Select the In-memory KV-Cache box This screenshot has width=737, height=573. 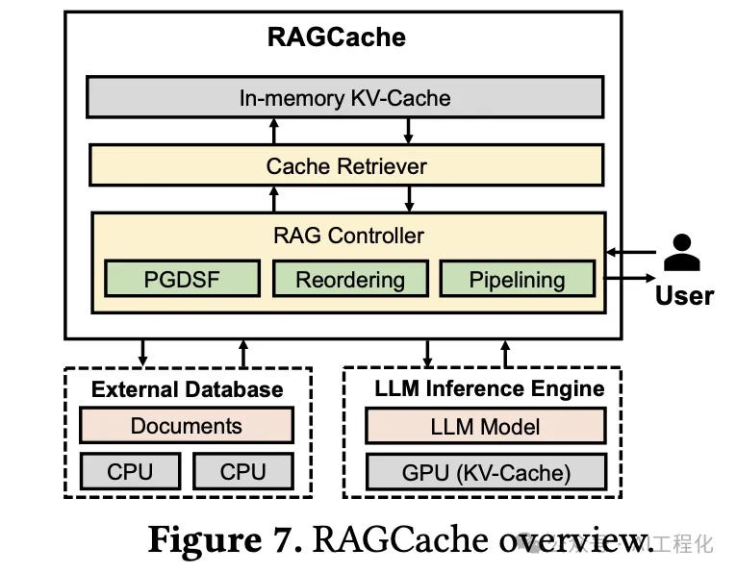pos(344,97)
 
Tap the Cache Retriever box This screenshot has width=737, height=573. pos(345,165)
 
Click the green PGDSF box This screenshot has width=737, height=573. pos(182,279)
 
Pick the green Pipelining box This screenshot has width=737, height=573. pos(517,279)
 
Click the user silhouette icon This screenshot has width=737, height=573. pos(682,252)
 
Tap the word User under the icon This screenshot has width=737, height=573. pos(684,295)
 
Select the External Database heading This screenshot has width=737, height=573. pos(188,389)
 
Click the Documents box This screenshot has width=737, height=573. pos(187,425)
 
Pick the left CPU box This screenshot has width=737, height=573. pos(130,471)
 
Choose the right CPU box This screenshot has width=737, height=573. pos(242,471)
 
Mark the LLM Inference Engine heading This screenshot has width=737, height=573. pos(489,388)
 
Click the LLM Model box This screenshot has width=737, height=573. pos(485,425)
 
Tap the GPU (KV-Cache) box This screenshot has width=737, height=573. pos(485,471)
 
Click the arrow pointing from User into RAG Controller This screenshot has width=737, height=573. pos(631,254)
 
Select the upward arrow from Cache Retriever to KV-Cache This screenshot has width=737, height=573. pos(274,131)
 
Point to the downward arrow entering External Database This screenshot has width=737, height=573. pos(142,352)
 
